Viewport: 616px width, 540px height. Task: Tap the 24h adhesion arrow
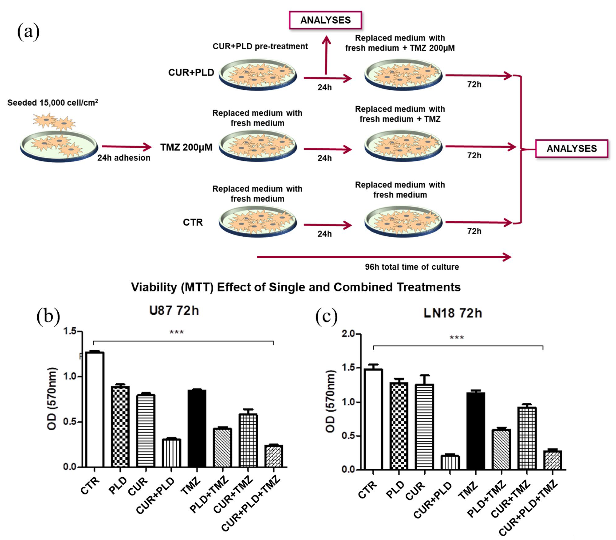(x=127, y=147)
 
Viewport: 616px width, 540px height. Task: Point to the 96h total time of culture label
(x=412, y=267)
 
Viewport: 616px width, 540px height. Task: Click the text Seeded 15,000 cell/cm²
(x=53, y=103)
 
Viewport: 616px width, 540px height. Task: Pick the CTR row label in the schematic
(x=193, y=222)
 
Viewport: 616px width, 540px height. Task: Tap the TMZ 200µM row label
(x=186, y=147)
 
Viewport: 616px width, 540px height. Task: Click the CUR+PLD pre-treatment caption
(x=260, y=46)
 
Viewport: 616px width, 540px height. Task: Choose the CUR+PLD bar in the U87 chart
(x=171, y=453)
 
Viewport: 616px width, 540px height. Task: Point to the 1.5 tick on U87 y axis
(x=70, y=332)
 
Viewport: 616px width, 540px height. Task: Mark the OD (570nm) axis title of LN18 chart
(x=331, y=401)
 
